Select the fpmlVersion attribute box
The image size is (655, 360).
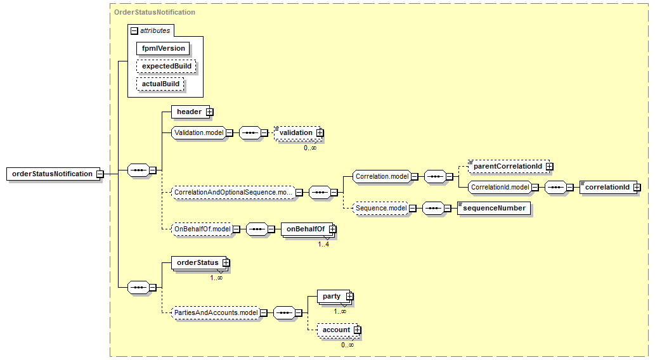pyautogui.click(x=163, y=48)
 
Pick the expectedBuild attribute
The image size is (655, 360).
pyautogui.click(x=166, y=66)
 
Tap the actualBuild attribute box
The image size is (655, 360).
pyautogui.click(x=160, y=84)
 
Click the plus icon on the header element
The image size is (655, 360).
pyautogui.click(x=210, y=112)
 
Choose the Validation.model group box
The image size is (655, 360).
pyautogui.click(x=199, y=133)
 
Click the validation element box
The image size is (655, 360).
pyautogui.click(x=297, y=133)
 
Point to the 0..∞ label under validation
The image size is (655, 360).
pyautogui.click(x=310, y=148)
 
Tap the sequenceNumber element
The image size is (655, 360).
pyautogui.click(x=494, y=208)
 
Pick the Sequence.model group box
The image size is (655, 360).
pyautogui.click(x=380, y=208)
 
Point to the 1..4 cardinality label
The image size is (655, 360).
pyautogui.click(x=323, y=244)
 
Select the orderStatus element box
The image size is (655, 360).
pyautogui.click(x=199, y=262)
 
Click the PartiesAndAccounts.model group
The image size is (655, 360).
pyautogui.click(x=216, y=312)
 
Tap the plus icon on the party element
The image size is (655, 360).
pyautogui.click(x=350, y=297)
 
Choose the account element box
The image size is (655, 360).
pyautogui.click(x=337, y=330)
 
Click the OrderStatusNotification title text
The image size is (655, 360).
pyautogui.click(x=155, y=12)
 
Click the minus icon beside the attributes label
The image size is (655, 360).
pyautogui.click(x=134, y=31)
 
